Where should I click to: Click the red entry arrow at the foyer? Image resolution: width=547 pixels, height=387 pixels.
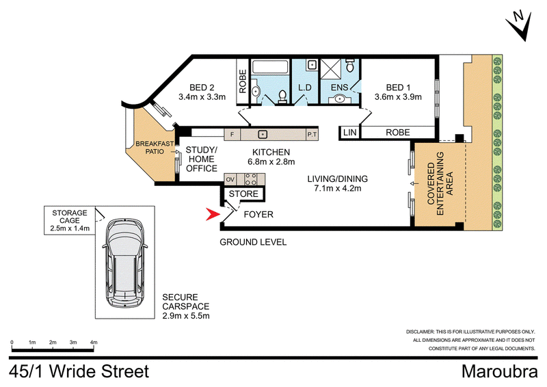[212, 214]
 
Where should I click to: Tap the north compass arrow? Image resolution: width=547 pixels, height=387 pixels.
[520, 26]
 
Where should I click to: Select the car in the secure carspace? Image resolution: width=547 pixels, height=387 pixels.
[125, 263]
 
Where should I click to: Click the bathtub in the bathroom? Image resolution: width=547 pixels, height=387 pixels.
[270, 66]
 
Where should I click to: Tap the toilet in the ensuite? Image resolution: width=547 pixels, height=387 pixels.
[350, 64]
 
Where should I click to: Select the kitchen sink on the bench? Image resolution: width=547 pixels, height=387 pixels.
[263, 134]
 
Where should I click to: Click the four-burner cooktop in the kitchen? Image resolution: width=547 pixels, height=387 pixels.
[250, 179]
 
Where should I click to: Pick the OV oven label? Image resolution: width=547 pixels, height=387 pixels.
[230, 180]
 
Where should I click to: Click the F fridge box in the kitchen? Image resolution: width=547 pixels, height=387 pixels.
[232, 134]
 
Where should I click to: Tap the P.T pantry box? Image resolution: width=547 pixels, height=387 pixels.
[312, 134]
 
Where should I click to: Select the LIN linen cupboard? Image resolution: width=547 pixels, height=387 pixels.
[350, 133]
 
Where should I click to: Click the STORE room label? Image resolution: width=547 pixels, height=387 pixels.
[243, 194]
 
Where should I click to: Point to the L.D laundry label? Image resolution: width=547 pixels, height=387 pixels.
[305, 88]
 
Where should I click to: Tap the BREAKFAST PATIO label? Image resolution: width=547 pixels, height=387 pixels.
[155, 148]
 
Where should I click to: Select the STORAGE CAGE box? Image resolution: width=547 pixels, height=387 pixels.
[70, 221]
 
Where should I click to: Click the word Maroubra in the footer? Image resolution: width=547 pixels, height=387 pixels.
[500, 371]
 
